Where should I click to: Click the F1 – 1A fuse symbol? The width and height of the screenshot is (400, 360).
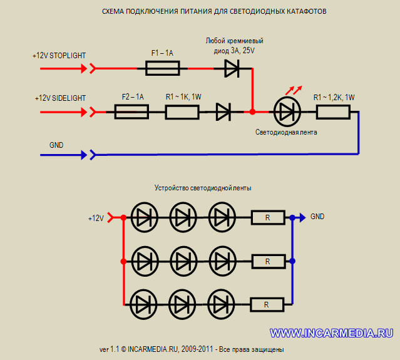[163, 68]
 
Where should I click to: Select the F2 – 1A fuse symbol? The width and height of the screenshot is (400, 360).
[131, 112]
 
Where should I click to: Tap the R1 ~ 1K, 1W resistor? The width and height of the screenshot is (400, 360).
[183, 112]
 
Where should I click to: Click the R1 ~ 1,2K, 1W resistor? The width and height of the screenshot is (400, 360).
[333, 112]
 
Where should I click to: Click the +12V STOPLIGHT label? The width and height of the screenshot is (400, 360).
[59, 56]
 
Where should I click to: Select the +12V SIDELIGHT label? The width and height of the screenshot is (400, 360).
[61, 98]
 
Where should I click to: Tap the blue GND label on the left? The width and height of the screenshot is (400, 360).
[56, 145]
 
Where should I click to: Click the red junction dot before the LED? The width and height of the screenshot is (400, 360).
[252, 112]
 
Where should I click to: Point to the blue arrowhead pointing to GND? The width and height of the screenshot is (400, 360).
[301, 217]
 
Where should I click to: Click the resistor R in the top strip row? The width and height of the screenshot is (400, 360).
[268, 218]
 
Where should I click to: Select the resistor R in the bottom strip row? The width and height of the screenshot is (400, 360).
[267, 305]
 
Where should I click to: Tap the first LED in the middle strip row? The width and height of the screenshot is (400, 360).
[145, 261]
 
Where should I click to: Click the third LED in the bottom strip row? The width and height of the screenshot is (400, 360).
[221, 305]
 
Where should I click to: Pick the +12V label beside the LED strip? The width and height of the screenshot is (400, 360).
[96, 219]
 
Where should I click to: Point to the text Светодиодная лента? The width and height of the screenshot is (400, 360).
[287, 133]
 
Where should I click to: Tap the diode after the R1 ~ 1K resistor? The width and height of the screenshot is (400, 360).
[223, 112]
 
